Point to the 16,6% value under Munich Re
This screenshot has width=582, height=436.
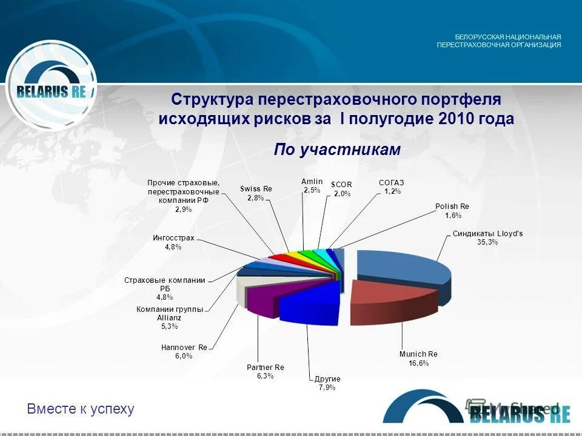418,363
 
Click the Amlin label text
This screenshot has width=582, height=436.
312,182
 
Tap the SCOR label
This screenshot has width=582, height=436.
341,185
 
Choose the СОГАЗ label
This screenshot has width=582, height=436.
391,183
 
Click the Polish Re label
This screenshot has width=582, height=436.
452,206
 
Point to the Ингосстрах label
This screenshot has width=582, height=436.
173,238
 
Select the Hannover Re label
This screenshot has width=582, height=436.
184,348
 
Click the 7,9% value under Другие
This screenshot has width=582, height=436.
327,388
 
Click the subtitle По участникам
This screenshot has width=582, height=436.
337,150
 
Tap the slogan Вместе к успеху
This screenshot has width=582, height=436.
81,409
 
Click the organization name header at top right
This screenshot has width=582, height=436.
498,41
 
